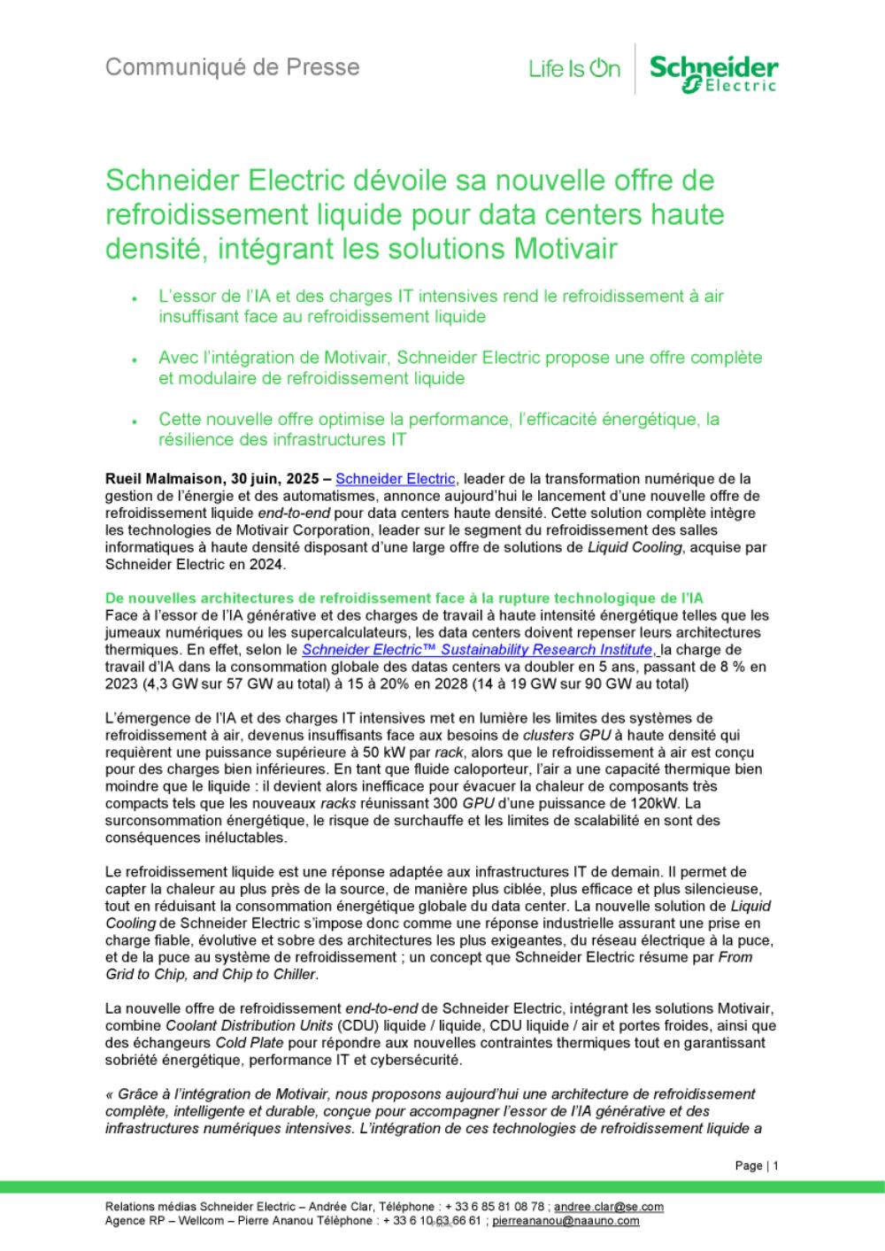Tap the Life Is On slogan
click(x=573, y=69)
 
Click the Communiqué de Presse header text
click(x=232, y=67)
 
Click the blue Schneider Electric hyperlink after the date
click(x=396, y=479)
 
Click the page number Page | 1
click(x=757, y=1166)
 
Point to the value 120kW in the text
click(x=659, y=803)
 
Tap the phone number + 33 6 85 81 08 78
click(x=495, y=1207)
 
